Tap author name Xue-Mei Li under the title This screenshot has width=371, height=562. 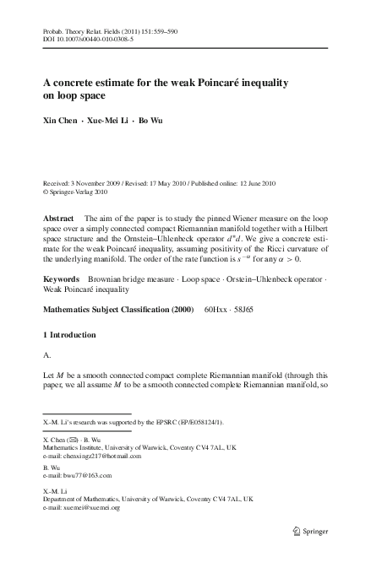(x=105, y=122)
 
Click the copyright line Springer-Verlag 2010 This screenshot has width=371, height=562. (x=81, y=192)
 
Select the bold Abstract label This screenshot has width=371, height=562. (x=59, y=218)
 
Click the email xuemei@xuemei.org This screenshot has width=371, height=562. (x=96, y=509)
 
